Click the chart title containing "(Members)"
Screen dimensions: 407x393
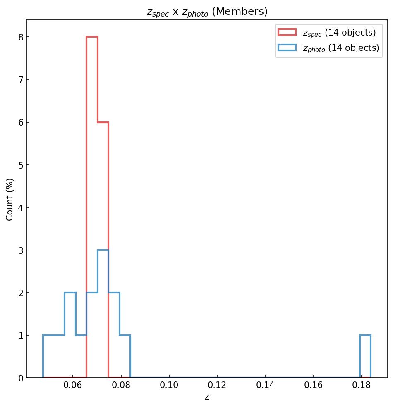click(207, 12)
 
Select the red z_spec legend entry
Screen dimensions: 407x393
click(327, 32)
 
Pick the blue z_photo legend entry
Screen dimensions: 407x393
click(329, 48)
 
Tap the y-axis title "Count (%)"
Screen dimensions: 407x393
click(10, 199)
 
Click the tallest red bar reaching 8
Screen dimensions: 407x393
click(92, 207)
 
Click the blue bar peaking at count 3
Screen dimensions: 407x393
click(103, 314)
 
